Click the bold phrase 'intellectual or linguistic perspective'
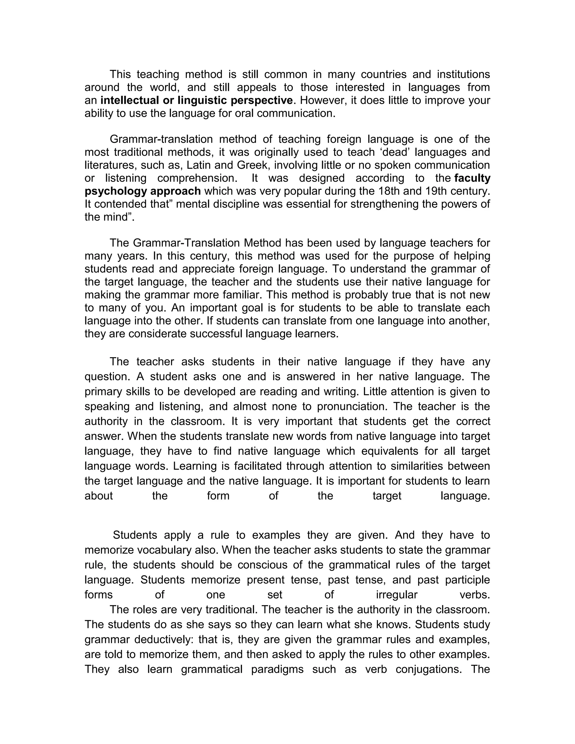pos(197,101)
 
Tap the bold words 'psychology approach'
pos(143,191)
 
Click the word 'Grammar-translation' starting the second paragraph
pos(161,139)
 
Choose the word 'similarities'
pos(410,466)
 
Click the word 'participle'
pos(467,580)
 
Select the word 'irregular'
pos(396,595)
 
